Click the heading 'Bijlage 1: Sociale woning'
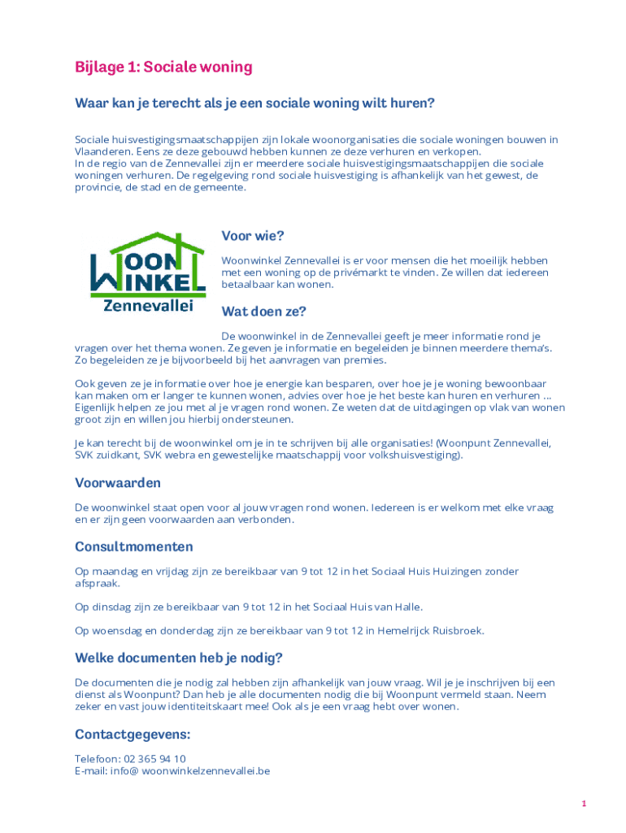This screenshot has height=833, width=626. point(163,67)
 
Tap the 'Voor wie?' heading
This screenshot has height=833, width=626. point(253,236)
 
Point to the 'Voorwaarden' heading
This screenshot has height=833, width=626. point(118,483)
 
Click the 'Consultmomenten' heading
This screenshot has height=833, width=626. point(134,547)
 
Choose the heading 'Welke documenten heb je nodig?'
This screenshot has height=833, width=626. point(179,657)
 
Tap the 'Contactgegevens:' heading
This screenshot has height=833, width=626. point(133,735)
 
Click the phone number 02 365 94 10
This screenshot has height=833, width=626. point(154,759)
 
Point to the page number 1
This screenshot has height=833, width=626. point(584,804)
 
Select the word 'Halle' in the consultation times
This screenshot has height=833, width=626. point(406,607)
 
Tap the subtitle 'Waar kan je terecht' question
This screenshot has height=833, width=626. point(254,103)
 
